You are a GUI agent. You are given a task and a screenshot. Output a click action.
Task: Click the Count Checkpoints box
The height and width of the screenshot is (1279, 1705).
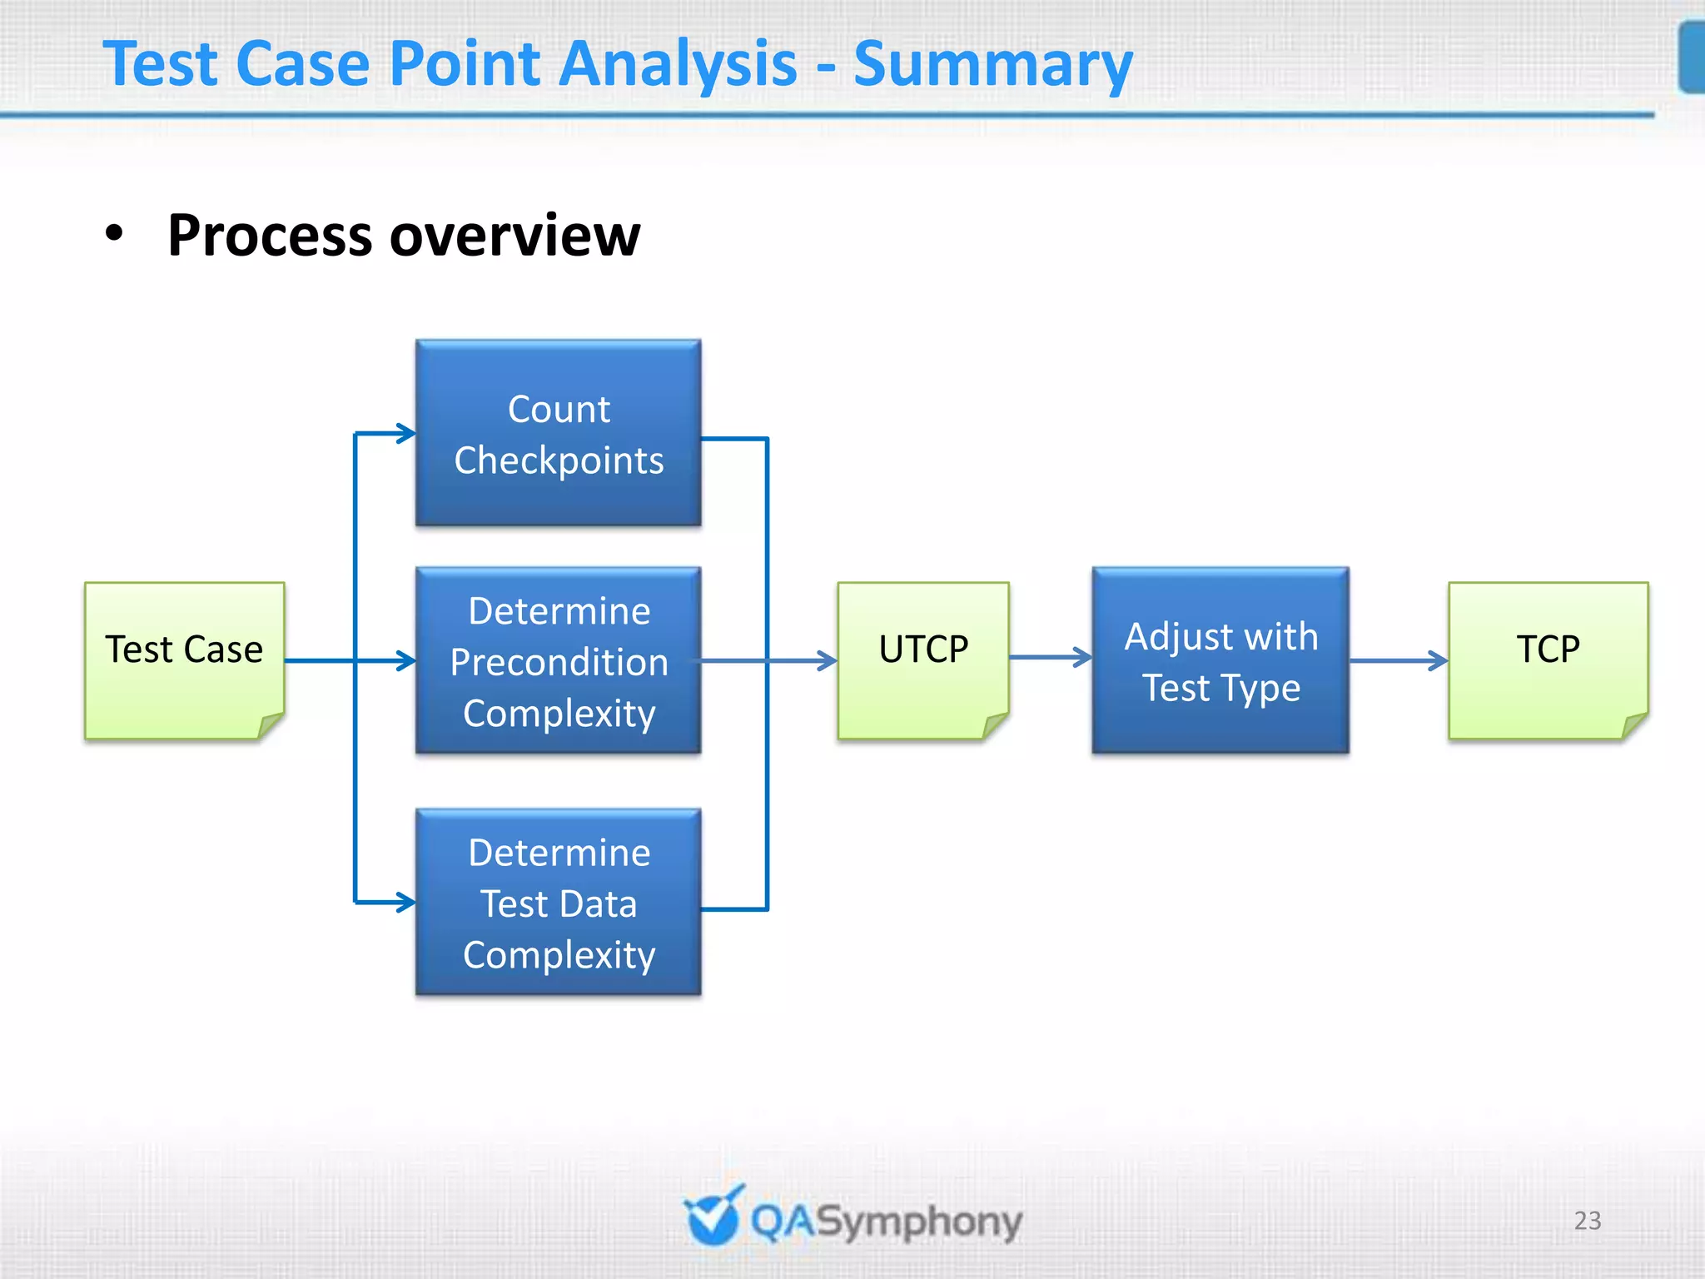click(559, 433)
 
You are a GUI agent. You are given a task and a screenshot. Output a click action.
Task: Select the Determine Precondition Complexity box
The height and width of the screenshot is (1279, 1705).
click(559, 661)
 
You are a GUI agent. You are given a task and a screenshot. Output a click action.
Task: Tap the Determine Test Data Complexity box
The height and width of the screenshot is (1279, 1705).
click(559, 903)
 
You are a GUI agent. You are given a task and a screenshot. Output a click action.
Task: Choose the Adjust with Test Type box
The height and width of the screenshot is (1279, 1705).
click(1220, 661)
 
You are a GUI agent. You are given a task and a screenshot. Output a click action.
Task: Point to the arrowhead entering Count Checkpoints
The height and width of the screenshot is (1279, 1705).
click(406, 433)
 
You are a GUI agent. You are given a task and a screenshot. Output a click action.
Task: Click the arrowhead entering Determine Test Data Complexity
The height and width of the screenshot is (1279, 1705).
click(406, 902)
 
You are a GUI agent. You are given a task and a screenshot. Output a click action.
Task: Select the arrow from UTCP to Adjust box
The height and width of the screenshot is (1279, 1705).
click(1051, 657)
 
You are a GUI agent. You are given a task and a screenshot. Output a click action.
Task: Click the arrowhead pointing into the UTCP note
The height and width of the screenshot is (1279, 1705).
click(827, 661)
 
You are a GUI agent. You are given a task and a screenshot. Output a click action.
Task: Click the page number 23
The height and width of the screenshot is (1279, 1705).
click(1587, 1220)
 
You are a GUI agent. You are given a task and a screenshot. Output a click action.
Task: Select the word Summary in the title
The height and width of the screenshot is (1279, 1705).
click(992, 65)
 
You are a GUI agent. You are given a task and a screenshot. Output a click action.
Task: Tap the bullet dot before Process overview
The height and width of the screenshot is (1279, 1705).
click(114, 234)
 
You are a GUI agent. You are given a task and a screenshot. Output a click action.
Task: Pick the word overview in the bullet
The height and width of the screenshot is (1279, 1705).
click(514, 236)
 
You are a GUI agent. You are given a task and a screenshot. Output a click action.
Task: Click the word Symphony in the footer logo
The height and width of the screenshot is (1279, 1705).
click(919, 1222)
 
